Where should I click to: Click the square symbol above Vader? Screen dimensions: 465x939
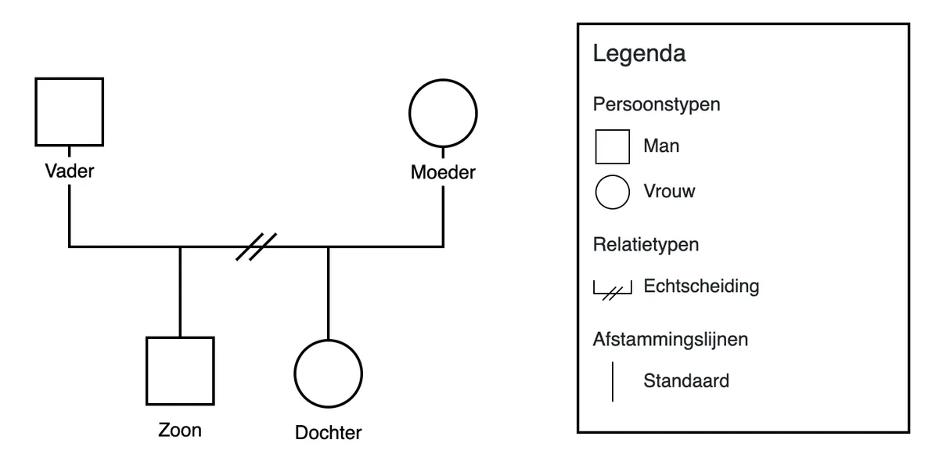pyautogui.click(x=69, y=111)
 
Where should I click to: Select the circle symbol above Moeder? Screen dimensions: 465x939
pyautogui.click(x=443, y=112)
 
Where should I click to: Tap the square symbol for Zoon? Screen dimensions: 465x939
pyautogui.click(x=180, y=370)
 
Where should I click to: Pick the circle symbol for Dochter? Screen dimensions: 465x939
pyautogui.click(x=328, y=373)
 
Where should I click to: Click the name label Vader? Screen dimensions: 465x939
pyautogui.click(x=69, y=171)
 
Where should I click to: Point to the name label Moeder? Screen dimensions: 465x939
pyautogui.click(x=443, y=171)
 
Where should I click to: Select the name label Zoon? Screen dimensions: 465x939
pyautogui.click(x=180, y=430)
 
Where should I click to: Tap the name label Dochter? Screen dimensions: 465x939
pyautogui.click(x=328, y=432)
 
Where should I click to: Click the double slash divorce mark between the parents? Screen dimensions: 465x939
pyautogui.click(x=257, y=247)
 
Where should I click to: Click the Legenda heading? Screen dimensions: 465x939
pyautogui.click(x=639, y=54)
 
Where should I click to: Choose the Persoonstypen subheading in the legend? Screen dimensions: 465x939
pyautogui.click(x=656, y=104)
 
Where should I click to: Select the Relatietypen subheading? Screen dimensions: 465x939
pyautogui.click(x=646, y=244)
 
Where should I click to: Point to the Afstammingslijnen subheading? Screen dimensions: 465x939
pyautogui.click(x=671, y=340)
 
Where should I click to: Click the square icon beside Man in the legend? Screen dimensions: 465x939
pyautogui.click(x=612, y=146)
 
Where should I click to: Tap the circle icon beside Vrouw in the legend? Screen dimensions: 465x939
pyautogui.click(x=612, y=192)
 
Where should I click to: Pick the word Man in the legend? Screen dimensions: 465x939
pyautogui.click(x=661, y=146)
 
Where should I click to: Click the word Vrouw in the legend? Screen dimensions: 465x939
pyautogui.click(x=669, y=191)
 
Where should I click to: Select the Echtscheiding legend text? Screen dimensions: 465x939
pyautogui.click(x=701, y=286)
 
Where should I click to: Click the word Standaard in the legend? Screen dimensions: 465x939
pyautogui.click(x=686, y=381)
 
